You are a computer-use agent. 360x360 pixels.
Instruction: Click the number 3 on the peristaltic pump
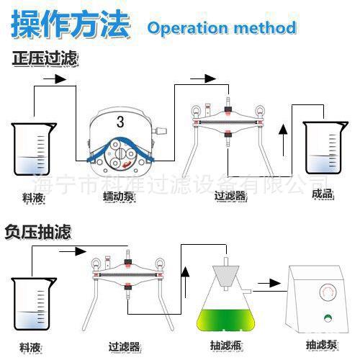tap(120, 120)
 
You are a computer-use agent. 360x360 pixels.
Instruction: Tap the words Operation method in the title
tap(222, 28)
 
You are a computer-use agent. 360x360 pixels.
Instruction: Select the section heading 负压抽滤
tap(38, 232)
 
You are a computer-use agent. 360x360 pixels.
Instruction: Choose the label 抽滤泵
tap(320, 344)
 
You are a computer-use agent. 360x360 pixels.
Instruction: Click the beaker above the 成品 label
tap(325, 148)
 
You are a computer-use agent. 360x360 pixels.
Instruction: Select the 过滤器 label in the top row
tap(230, 194)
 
